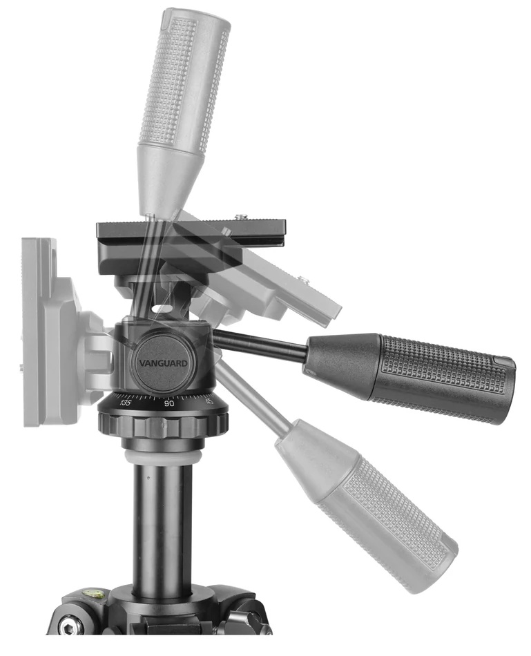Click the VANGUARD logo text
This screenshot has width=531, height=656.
tap(163, 363)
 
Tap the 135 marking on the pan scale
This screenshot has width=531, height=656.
tap(125, 403)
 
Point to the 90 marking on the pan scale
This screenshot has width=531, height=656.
tap(169, 404)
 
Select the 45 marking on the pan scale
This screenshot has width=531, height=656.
tap(209, 401)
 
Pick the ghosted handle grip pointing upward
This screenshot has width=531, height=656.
tap(184, 79)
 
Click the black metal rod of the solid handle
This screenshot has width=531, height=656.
tap(260, 345)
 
